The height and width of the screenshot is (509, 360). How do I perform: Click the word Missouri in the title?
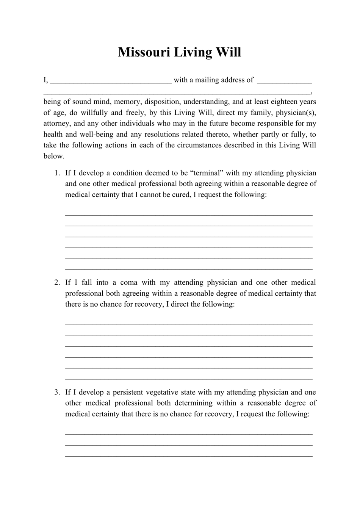pos(144,52)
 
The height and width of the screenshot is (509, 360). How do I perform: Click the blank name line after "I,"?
pos(111,81)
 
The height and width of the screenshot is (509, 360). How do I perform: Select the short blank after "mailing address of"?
pos(284,81)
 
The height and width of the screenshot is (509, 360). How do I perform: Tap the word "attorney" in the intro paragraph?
pos(57,124)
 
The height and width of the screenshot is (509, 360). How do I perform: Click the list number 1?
pos(57,173)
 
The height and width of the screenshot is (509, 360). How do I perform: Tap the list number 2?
pos(57,282)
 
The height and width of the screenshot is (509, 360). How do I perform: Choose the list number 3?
pos(57,392)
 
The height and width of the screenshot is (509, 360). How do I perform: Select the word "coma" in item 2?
pos(129,282)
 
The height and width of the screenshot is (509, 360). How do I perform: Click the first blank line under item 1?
pos(189,215)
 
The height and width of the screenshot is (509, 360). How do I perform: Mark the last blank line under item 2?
pos(189,379)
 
